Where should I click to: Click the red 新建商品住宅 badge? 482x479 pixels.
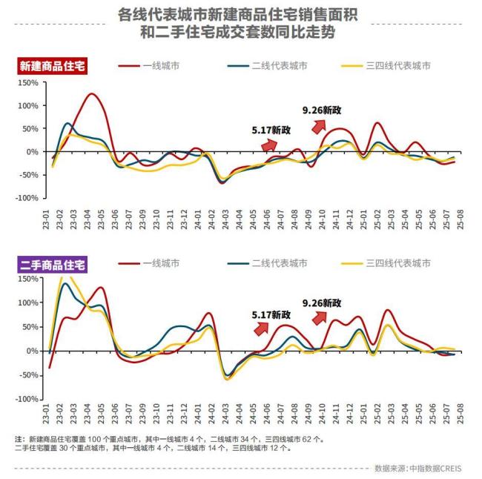coord(52,66)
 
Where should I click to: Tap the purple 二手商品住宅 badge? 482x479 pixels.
coord(52,263)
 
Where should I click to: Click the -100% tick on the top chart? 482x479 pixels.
coord(26,198)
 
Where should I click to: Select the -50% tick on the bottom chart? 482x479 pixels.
coord(28,375)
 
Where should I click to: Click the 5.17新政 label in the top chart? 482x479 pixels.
coord(271,130)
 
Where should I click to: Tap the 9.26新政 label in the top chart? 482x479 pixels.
coord(322,110)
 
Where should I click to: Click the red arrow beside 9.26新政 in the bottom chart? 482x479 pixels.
coord(320,317)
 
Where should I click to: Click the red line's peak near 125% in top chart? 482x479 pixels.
coord(91,94)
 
